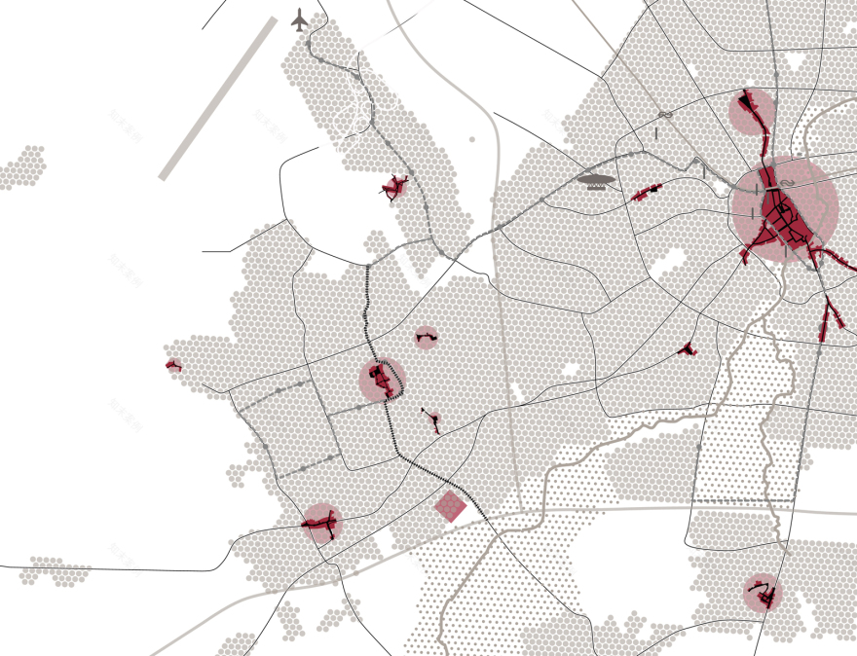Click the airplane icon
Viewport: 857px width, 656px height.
click(300, 18)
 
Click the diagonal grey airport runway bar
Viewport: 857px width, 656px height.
click(218, 98)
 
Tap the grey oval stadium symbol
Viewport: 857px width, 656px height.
click(597, 179)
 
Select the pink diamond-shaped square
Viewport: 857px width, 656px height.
click(450, 506)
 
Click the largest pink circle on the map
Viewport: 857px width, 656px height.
click(784, 209)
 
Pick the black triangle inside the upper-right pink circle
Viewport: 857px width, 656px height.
click(748, 100)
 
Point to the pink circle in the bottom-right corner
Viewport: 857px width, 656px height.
click(763, 593)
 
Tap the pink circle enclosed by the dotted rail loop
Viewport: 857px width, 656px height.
click(381, 380)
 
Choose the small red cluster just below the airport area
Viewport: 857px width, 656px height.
click(394, 187)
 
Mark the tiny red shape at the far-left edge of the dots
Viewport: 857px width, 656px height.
click(173, 366)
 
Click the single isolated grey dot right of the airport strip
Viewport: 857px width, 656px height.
click(472, 139)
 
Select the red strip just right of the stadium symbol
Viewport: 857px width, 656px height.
click(647, 192)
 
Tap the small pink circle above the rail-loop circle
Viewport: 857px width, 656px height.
click(426, 338)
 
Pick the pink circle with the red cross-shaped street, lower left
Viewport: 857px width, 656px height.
click(321, 524)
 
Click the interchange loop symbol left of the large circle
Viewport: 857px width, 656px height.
click(665, 115)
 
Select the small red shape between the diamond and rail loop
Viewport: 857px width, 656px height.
click(431, 420)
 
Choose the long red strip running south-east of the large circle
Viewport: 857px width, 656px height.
click(833, 316)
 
